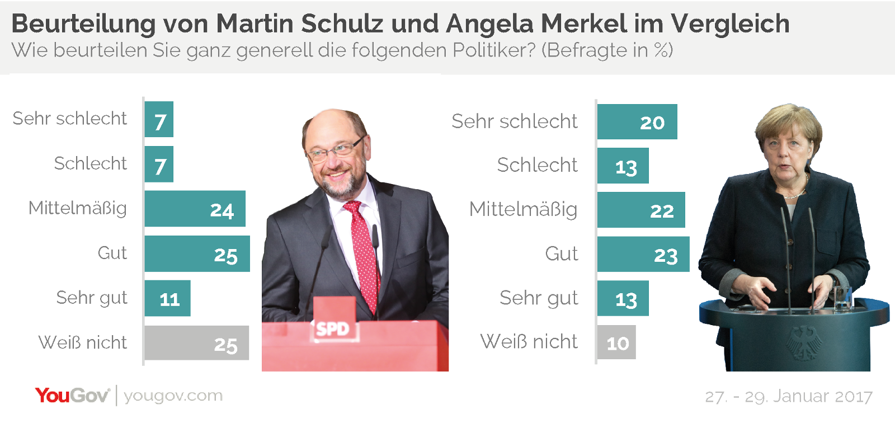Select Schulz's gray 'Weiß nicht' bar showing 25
(x=196, y=343)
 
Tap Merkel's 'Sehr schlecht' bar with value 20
(x=637, y=122)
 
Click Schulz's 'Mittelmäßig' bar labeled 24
(x=195, y=209)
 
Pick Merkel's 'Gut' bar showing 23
(x=643, y=255)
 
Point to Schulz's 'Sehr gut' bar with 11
(x=167, y=298)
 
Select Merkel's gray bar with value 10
(x=616, y=342)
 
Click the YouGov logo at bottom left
(x=72, y=396)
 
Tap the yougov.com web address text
(x=173, y=396)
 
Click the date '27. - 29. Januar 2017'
(x=788, y=397)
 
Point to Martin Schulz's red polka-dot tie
(x=362, y=252)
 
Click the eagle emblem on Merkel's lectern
(x=805, y=343)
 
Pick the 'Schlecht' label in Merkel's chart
(x=537, y=165)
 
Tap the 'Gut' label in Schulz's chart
(x=112, y=253)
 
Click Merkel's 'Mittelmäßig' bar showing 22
(x=640, y=210)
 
